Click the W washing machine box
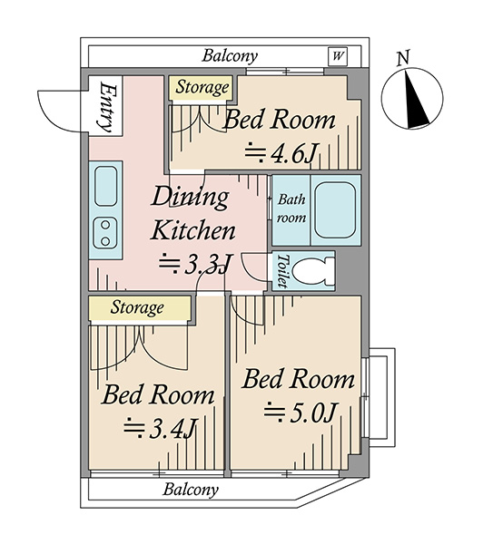(338, 56)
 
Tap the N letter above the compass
(403, 58)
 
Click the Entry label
(106, 107)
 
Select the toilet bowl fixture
(312, 271)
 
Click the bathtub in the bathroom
(335, 210)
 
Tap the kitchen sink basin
(105, 186)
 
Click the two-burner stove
(105, 233)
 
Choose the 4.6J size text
(281, 154)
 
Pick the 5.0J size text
(300, 413)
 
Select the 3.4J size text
(161, 429)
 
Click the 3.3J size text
(195, 265)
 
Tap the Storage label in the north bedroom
(202, 88)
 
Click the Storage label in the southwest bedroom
(137, 308)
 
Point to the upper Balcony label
(230, 56)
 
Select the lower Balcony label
(191, 490)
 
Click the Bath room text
(291, 209)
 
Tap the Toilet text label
(283, 271)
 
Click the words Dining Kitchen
(192, 214)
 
